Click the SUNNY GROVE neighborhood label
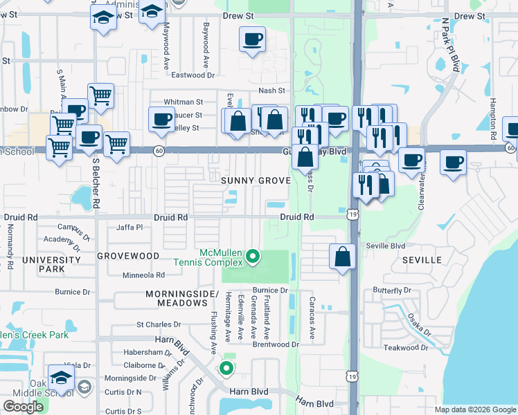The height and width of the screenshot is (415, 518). [256, 181]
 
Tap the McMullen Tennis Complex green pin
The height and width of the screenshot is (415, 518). [253, 257]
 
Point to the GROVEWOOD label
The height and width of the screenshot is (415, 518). [128, 255]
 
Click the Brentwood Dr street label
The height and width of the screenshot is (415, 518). [276, 344]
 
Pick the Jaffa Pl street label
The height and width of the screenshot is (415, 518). [129, 227]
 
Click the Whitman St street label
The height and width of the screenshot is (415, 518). [183, 102]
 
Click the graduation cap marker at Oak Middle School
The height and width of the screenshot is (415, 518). [62, 378]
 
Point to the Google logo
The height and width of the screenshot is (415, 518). [24, 407]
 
